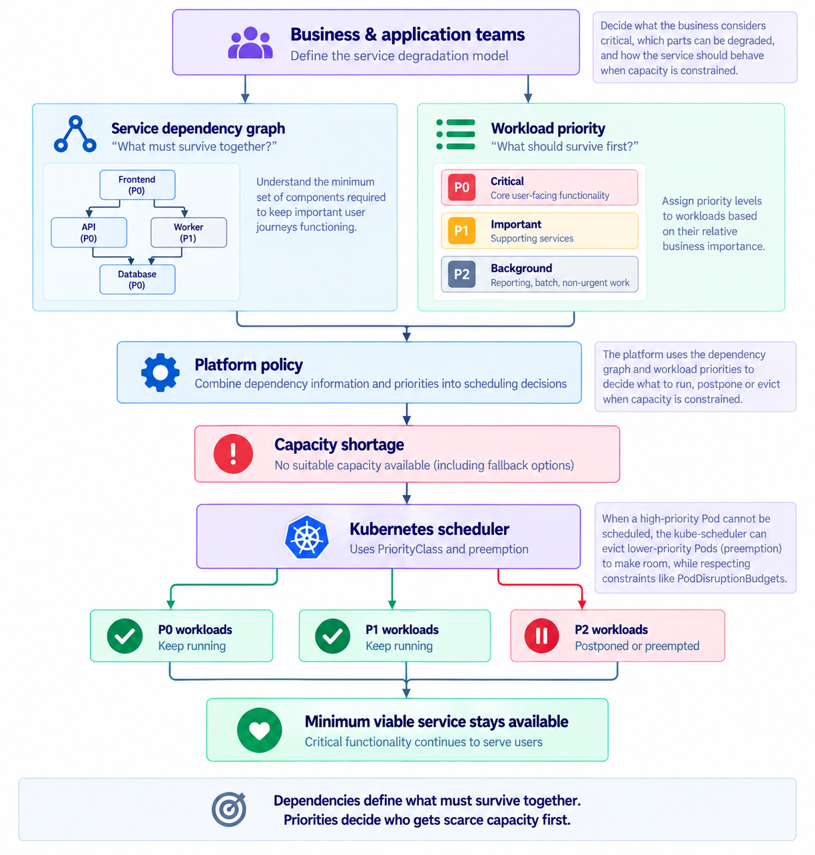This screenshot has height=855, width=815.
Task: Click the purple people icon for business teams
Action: [250, 43]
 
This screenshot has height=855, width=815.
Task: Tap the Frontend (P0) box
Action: [137, 184]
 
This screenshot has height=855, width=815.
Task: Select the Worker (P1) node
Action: [188, 232]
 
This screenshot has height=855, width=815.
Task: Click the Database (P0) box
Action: [137, 279]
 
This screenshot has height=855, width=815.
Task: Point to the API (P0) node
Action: [89, 232]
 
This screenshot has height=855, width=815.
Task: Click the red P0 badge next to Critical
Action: [461, 187]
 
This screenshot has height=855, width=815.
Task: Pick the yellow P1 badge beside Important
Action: [461, 230]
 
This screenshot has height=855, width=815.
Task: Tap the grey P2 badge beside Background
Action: [461, 274]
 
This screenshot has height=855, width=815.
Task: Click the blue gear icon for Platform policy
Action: [160, 372]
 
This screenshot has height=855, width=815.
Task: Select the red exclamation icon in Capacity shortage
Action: [233, 453]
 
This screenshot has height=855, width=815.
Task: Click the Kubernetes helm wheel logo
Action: [306, 536]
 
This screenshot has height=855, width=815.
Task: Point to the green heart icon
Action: [259, 729]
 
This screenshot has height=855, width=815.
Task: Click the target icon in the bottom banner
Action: [228, 808]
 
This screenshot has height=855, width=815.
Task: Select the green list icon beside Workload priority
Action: [455, 134]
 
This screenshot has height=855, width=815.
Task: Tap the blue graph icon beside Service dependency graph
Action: [75, 134]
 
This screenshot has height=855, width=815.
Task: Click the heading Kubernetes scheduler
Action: [429, 528]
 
